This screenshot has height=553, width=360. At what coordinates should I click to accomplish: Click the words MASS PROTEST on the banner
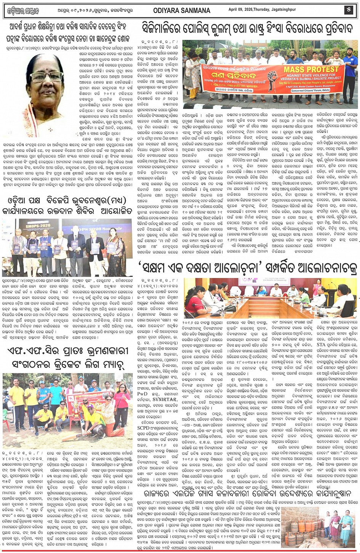point(312,69)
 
